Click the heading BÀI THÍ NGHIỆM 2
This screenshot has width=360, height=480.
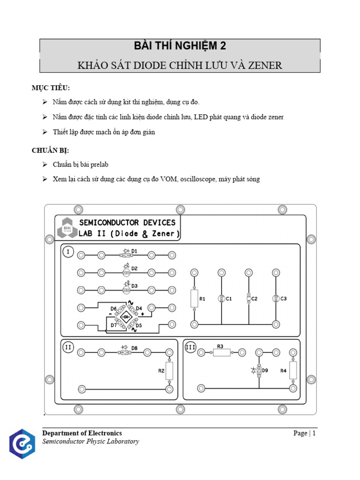click(180, 46)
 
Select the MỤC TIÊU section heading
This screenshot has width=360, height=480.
click(51, 88)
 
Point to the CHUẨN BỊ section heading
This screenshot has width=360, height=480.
click(50, 150)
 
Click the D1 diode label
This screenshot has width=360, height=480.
click(134, 251)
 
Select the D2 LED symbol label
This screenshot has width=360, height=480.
click(135, 269)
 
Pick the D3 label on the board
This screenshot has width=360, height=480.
click(135, 285)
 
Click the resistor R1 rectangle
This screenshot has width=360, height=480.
click(194, 298)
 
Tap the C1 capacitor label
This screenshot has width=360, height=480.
click(229, 299)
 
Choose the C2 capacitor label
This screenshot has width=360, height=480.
click(255, 299)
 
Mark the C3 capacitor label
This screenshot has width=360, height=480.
click(283, 299)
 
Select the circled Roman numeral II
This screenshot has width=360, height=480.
click(68, 347)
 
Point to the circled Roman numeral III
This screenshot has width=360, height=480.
click(190, 347)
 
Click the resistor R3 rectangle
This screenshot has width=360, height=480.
click(222, 352)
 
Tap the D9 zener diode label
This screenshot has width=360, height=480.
click(265, 370)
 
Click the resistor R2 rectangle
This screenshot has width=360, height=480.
click(169, 370)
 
